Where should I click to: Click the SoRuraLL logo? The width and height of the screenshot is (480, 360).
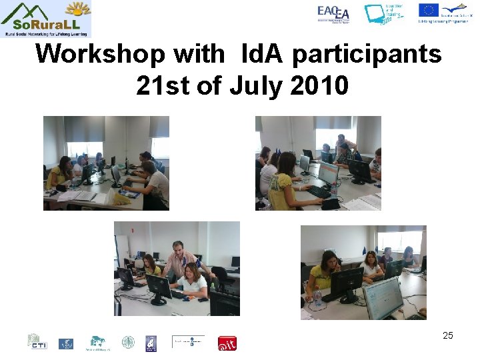click(46, 19)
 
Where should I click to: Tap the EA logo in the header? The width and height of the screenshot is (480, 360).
click(333, 13)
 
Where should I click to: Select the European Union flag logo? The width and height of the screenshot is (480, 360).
click(428, 10)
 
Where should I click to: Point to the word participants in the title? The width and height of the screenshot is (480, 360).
click(367, 54)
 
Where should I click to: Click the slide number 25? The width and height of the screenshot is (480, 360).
click(447, 335)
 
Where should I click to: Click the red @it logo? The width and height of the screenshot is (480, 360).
click(227, 343)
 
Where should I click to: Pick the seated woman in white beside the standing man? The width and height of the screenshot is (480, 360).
click(191, 280)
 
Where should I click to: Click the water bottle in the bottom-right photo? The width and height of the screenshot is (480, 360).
click(318, 299)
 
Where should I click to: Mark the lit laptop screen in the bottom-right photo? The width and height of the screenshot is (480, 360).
click(383, 297)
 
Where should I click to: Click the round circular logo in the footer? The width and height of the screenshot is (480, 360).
click(127, 343)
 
